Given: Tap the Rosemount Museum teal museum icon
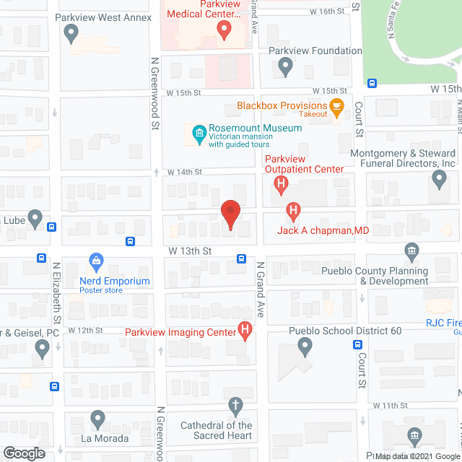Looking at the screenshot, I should pos(198,134).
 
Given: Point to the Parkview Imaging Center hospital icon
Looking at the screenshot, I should pos(245,332).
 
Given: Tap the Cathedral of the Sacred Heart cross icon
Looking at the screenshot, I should pos(235,406).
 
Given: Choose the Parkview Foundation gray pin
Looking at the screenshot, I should pos(285,67).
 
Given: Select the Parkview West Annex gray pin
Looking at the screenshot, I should pos(71,32).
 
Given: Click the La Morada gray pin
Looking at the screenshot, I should pos(97,419).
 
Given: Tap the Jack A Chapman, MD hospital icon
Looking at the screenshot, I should pos(293,212).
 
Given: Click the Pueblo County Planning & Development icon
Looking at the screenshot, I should pos(411,252).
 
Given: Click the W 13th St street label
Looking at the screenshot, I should pos(190,250).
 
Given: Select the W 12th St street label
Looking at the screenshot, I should pos(87,329).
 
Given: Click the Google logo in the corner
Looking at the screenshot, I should pos(23,453).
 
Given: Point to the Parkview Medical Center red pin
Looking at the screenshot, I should pos(224,30).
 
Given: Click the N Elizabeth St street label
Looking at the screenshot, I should pos(56,292).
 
